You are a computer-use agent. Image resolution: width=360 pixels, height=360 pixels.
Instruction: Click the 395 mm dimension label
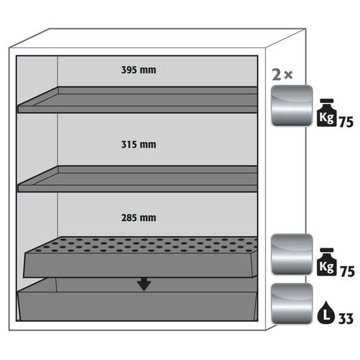[x=138, y=70]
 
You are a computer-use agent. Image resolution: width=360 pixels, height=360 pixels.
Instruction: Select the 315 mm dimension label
[x=138, y=145]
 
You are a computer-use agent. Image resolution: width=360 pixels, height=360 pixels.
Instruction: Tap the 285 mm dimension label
[x=138, y=218]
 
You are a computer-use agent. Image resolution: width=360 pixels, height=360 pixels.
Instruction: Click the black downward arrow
[x=144, y=284]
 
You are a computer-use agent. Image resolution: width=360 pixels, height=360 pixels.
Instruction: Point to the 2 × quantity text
[x=282, y=75]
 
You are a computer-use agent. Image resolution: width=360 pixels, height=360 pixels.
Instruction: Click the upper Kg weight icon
[x=326, y=112]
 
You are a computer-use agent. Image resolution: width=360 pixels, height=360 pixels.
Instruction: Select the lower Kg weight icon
[x=326, y=262]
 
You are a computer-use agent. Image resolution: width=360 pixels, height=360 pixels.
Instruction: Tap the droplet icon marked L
[x=325, y=312]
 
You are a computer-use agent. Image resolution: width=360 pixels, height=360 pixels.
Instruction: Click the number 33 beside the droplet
[x=346, y=318]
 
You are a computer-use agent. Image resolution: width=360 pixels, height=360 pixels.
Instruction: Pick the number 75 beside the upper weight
[x=346, y=122]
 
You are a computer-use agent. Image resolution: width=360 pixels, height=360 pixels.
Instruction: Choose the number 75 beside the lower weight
[x=347, y=271]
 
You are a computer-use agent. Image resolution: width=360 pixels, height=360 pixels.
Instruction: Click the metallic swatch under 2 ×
[x=292, y=106]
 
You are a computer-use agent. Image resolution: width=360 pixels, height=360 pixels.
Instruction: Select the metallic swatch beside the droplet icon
[x=292, y=304]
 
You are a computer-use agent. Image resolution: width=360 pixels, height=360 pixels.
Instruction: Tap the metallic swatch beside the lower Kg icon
[x=292, y=254]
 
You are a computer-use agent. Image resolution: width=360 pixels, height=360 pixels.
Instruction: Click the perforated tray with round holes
[x=140, y=257]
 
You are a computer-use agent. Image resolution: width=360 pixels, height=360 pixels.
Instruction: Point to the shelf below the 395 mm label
[x=138, y=100]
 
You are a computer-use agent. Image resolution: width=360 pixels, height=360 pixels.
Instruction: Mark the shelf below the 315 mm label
[x=138, y=179]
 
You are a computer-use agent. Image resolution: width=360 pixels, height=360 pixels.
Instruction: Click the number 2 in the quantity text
[x=276, y=75]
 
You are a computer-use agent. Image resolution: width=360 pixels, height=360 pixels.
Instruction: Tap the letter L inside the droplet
[x=326, y=315]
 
